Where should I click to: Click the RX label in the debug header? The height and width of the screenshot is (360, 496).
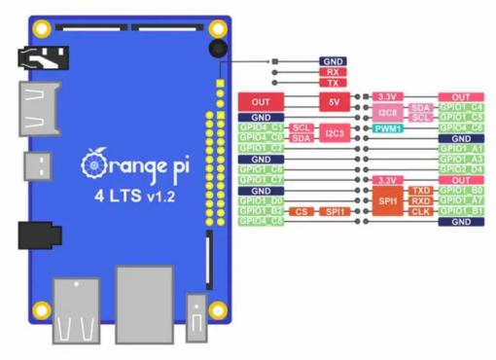(x=333, y=72)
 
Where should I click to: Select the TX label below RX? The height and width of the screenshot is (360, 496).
(x=333, y=84)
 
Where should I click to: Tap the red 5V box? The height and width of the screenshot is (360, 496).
(x=333, y=101)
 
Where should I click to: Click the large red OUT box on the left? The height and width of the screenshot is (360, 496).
(x=261, y=101)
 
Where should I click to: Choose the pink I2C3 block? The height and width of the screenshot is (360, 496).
(x=334, y=133)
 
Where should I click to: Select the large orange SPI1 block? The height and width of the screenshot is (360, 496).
(x=387, y=200)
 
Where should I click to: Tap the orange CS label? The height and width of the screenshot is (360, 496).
(x=302, y=210)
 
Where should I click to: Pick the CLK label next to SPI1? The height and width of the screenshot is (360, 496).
(x=420, y=211)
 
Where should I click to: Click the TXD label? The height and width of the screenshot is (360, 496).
(x=420, y=191)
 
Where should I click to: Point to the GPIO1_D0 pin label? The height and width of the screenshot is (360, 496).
(x=261, y=200)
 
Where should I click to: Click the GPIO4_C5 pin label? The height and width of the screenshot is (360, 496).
(x=261, y=221)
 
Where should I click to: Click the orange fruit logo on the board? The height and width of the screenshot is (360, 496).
(x=94, y=158)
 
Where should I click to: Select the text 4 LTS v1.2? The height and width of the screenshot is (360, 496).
(x=132, y=195)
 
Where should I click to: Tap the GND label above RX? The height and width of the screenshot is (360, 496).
(x=333, y=60)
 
